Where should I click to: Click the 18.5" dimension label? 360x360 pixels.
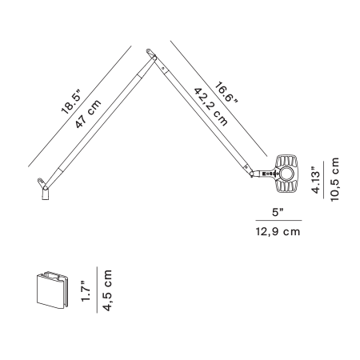pyautogui.click(x=70, y=102)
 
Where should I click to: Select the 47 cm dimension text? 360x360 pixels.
pyautogui.click(x=88, y=114)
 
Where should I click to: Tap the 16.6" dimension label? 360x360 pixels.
pyautogui.click(x=226, y=92)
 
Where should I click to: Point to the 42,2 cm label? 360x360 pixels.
pyautogui.click(x=210, y=106)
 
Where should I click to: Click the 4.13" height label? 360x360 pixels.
pyautogui.click(x=316, y=180)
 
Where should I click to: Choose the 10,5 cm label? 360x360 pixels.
pyautogui.click(x=334, y=179)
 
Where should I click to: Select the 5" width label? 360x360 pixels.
pyautogui.click(x=278, y=213)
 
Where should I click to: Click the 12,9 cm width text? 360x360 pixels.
pyautogui.click(x=278, y=231)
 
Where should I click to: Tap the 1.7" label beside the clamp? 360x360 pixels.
pyautogui.click(x=86, y=291)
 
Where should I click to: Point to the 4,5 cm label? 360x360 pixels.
pyautogui.click(x=107, y=290)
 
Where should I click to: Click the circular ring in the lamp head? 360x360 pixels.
pyautogui.click(x=287, y=174)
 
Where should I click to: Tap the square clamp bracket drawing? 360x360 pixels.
pyautogui.click(x=52, y=290)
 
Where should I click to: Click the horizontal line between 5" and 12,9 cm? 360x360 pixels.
pyautogui.click(x=278, y=221)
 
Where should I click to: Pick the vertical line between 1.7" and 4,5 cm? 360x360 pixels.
pyautogui.click(x=97, y=290)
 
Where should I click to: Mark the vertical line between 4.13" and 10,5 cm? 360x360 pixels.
pyautogui.click(x=324, y=180)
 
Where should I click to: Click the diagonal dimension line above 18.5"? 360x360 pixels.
pyautogui.click(x=80, y=106)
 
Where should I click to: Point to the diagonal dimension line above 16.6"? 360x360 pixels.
pyautogui.click(x=218, y=98)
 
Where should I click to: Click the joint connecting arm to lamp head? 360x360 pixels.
pyautogui.click(x=252, y=174)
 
